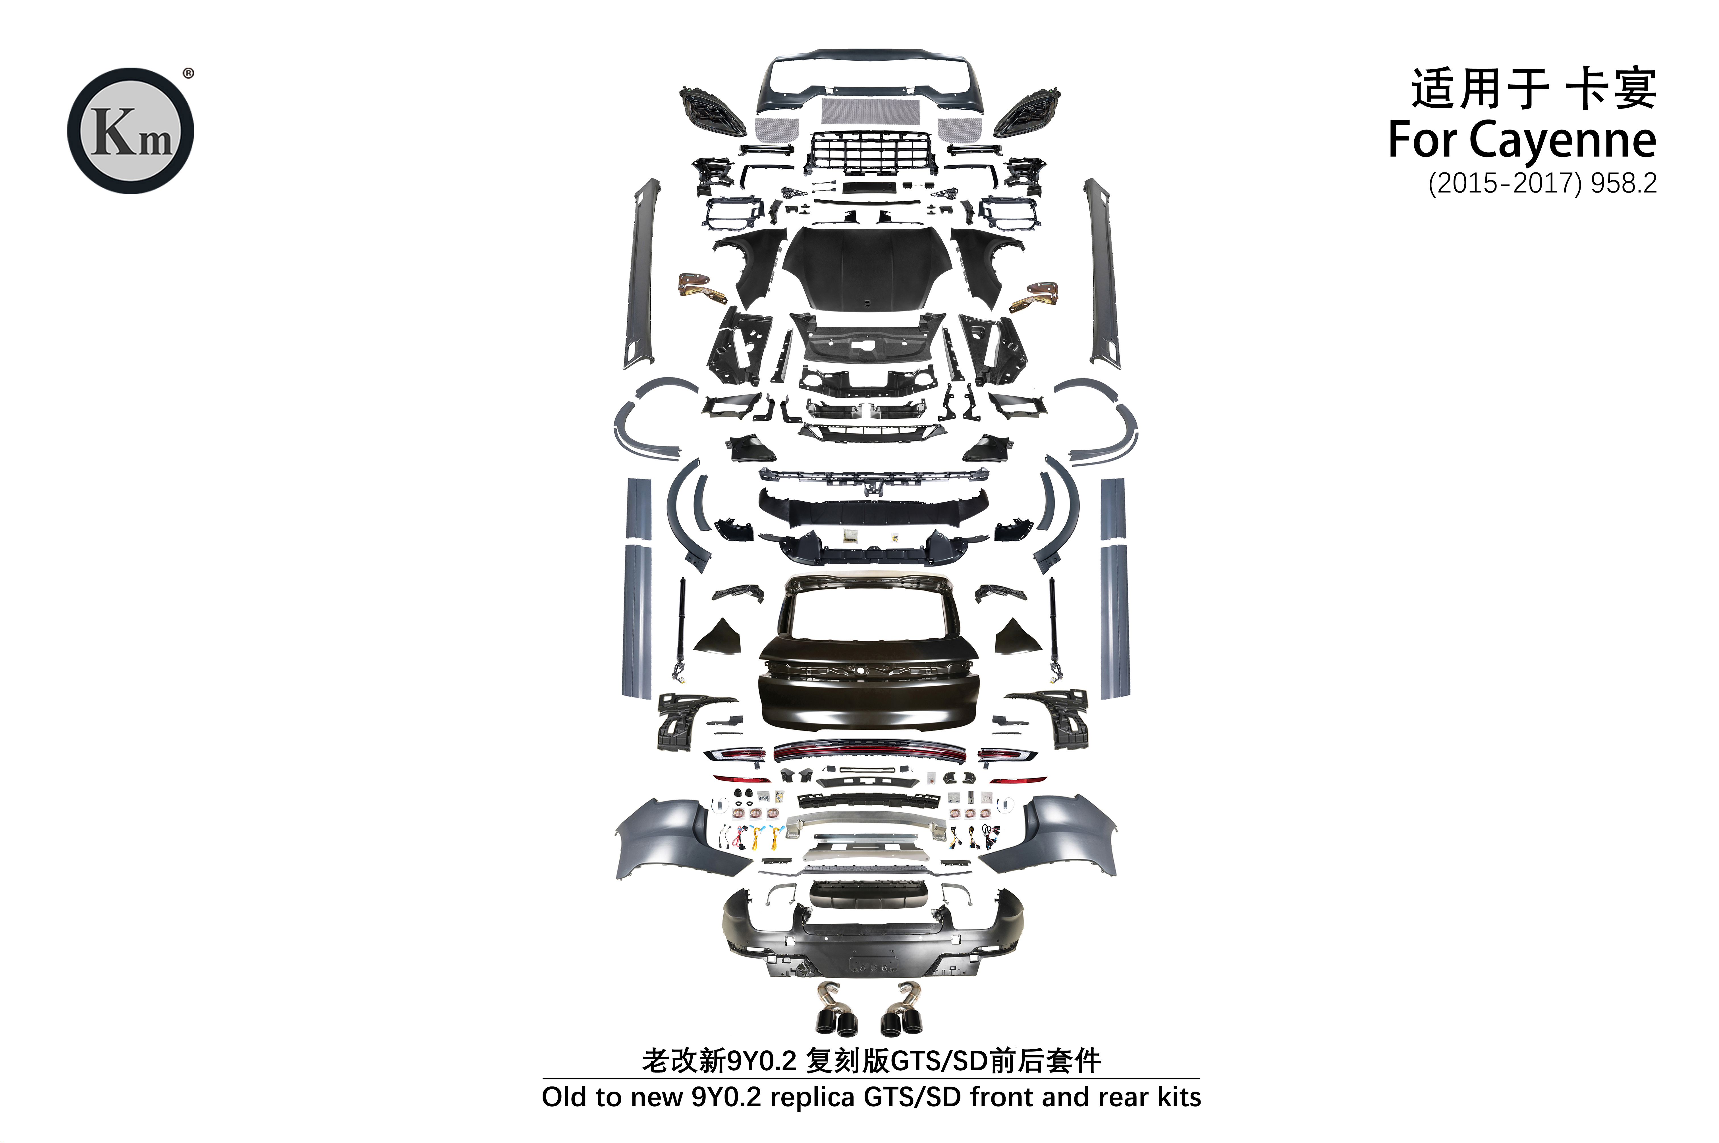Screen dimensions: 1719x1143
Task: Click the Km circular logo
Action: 130,131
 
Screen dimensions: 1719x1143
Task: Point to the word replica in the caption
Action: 812,1097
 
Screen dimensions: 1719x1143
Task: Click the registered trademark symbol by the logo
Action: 188,73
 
